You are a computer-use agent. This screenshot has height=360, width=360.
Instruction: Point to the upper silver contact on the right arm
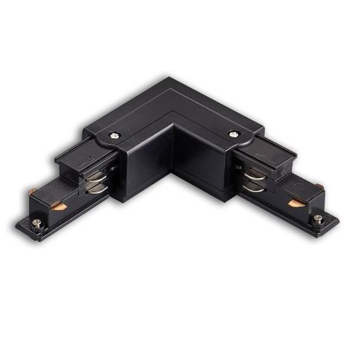(x=253, y=174)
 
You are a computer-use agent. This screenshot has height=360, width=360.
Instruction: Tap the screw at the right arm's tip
(x=318, y=218)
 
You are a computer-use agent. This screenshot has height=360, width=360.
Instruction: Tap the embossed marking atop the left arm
(x=87, y=157)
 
